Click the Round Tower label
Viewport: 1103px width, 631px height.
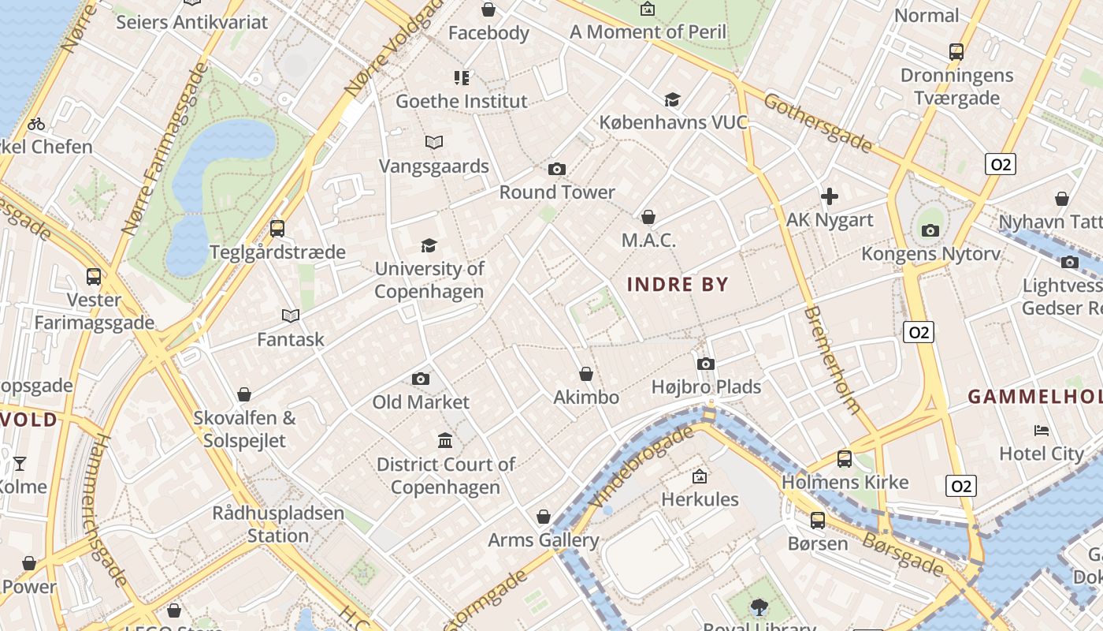click(x=557, y=192)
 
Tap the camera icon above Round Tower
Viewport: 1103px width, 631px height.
click(x=557, y=169)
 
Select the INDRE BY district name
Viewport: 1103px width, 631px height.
click(x=678, y=285)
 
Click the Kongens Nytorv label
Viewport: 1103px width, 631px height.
click(x=930, y=254)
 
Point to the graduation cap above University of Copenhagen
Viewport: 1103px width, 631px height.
click(x=429, y=245)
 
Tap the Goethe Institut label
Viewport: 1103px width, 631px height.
click(x=461, y=101)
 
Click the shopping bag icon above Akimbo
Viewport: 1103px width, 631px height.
click(x=586, y=374)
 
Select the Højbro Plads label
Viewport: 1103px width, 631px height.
click(x=706, y=386)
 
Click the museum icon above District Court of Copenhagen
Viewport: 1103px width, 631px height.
click(x=445, y=440)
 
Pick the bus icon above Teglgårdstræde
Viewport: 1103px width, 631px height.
click(x=277, y=229)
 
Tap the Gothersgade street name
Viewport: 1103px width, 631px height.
click(x=818, y=123)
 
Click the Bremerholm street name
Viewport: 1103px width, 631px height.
click(x=832, y=360)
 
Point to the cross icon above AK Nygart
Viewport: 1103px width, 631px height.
click(x=830, y=196)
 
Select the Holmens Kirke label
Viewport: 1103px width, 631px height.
click(x=845, y=482)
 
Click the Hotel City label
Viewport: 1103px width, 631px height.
click(x=1042, y=454)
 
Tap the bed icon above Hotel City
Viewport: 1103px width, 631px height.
click(x=1042, y=431)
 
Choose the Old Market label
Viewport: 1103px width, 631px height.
click(x=421, y=402)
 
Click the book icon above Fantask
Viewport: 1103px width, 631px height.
click(x=291, y=316)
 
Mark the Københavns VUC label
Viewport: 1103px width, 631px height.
click(x=673, y=122)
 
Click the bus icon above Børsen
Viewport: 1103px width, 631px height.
click(x=818, y=521)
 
